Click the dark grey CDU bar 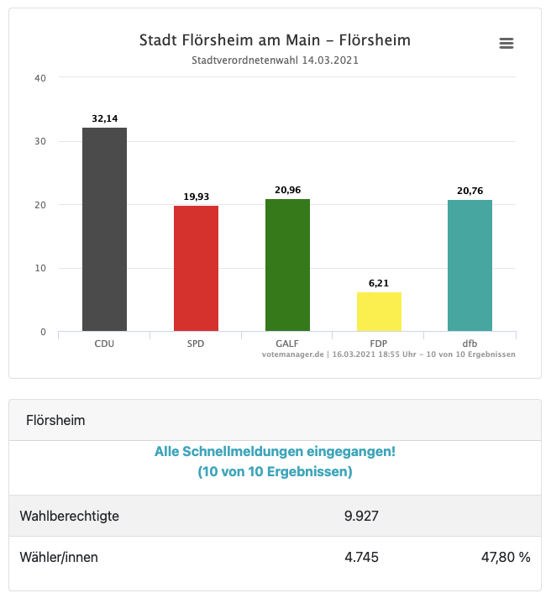[104, 229]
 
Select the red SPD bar [196, 268]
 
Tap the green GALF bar [287, 265]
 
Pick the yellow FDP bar [379, 312]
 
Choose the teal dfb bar [470, 265]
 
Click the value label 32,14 [104, 119]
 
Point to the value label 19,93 [196, 197]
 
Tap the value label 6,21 [379, 283]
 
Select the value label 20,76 [470, 191]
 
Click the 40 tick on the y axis [40, 78]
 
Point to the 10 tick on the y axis [40, 269]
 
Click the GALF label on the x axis [287, 344]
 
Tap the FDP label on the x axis [379, 344]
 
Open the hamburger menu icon [506, 43]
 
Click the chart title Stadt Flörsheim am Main [275, 40]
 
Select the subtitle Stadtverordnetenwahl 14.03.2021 [275, 60]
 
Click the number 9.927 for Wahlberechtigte [362, 516]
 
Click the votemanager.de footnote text [388, 354]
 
